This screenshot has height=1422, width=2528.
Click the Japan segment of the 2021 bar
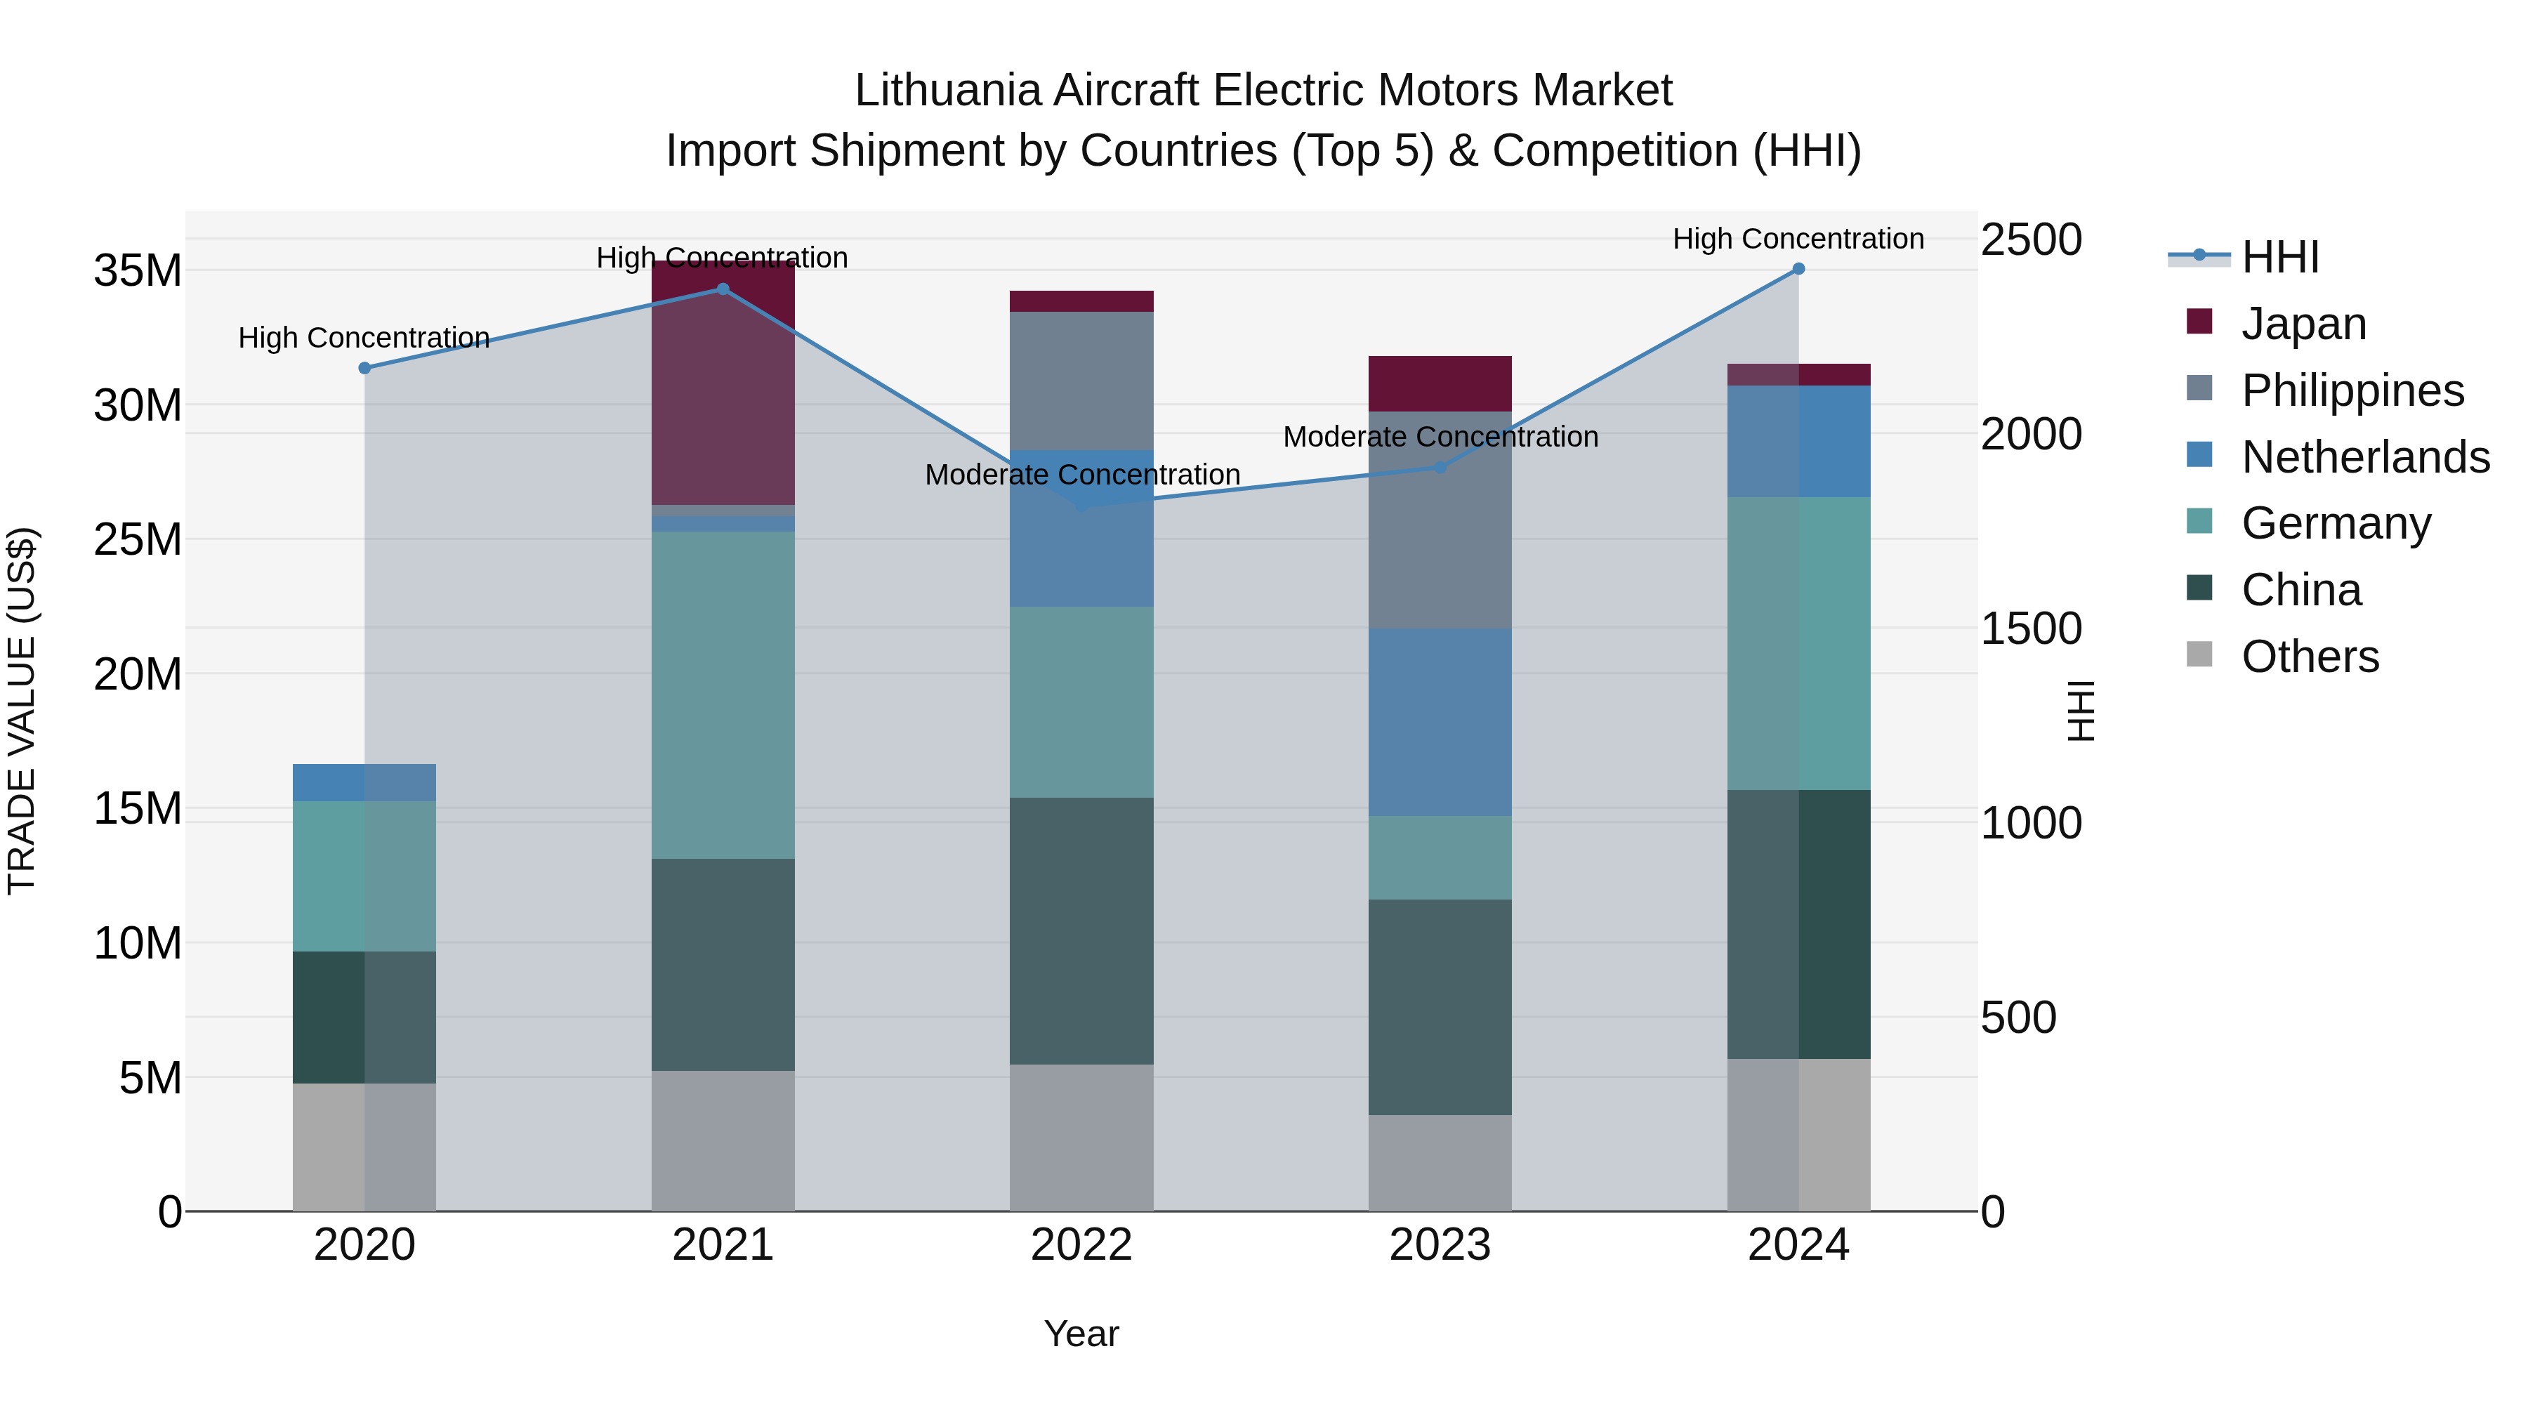click(723, 393)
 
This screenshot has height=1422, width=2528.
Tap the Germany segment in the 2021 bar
click(723, 694)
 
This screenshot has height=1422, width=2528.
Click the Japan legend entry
click(2303, 323)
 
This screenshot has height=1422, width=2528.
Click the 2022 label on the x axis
click(1081, 1245)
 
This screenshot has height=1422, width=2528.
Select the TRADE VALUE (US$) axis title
click(22, 711)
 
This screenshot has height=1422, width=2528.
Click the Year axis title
click(1081, 1334)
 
